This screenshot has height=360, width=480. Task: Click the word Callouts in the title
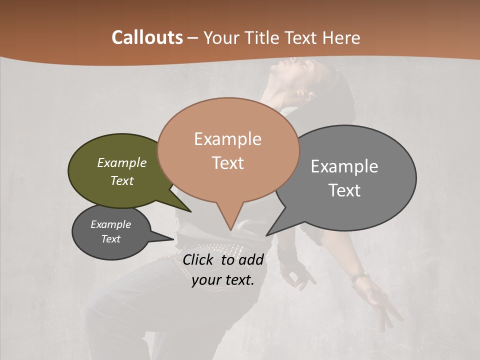[x=147, y=37]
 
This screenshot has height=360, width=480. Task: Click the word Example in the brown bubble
[x=227, y=139]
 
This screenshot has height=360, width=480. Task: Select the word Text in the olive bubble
[x=122, y=181]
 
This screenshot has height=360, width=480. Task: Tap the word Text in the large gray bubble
[x=344, y=190]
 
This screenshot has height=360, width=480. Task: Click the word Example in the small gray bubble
[x=110, y=224]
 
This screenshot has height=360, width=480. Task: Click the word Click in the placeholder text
[x=198, y=259]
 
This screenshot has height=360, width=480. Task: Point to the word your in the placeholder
[x=205, y=280]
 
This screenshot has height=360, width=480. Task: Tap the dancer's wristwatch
[x=359, y=276]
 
